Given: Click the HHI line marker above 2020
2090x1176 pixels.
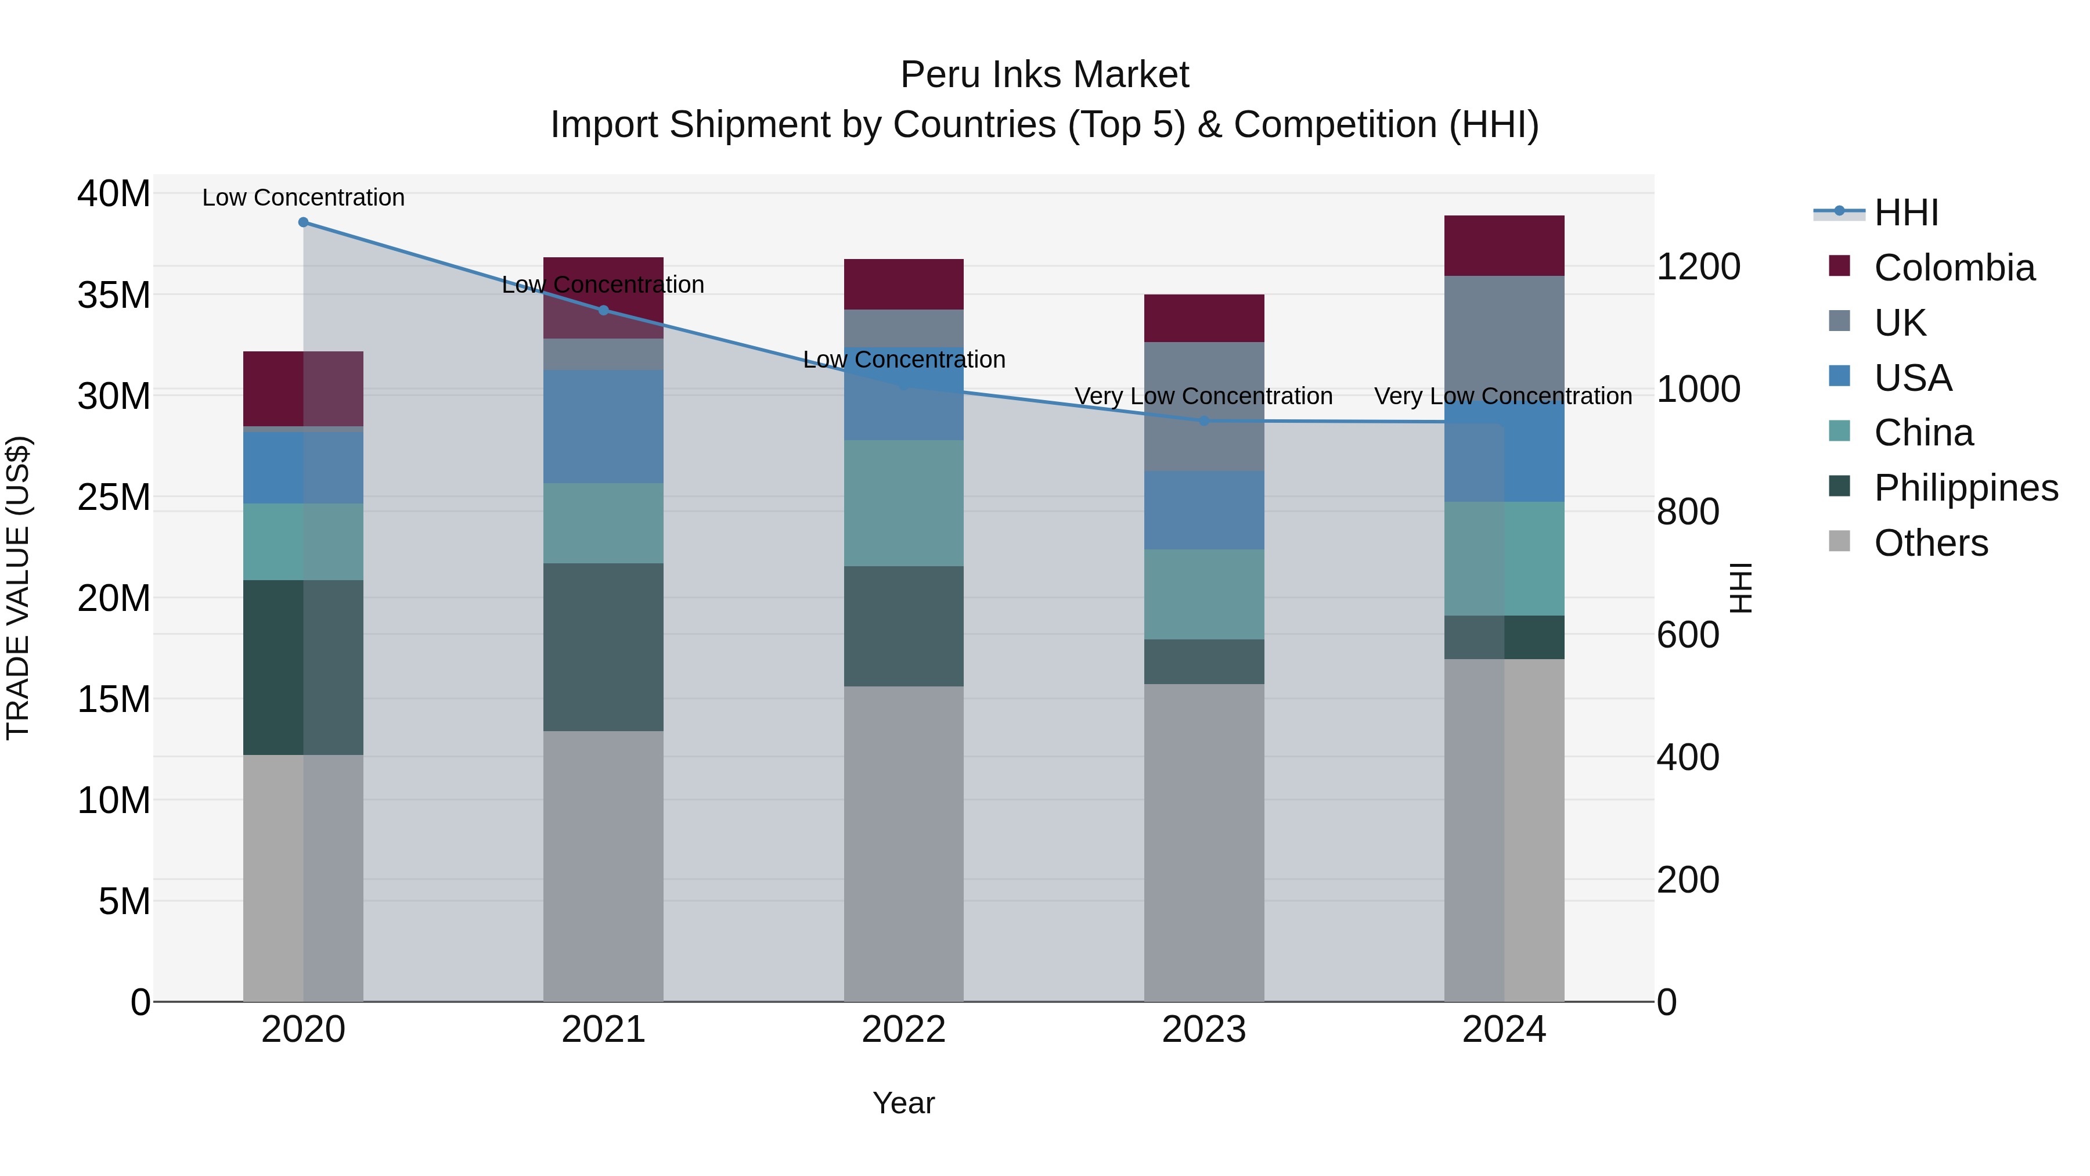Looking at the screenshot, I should coord(304,222).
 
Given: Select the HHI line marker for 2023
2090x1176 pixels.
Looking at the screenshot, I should coord(1204,420).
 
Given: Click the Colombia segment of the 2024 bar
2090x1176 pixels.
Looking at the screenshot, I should coord(1504,245).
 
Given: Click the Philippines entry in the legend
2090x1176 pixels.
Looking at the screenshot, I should coord(1965,488).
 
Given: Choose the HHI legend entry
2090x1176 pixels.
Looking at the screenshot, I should coord(1906,213).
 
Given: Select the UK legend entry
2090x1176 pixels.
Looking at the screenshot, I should coord(1900,322).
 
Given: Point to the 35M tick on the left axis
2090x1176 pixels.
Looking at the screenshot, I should coord(114,294).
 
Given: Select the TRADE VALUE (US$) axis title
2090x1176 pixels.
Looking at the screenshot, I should coord(18,588).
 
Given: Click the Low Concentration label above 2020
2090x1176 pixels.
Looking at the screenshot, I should coord(304,197).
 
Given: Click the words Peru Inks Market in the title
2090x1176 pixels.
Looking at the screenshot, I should coord(1044,75).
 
